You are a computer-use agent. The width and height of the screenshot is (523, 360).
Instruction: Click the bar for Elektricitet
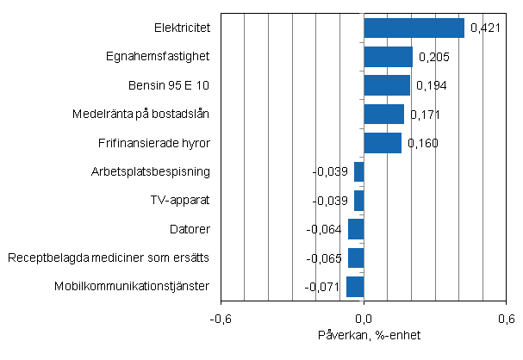pos(414,28)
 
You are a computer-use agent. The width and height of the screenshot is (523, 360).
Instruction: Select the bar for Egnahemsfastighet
pos(388,57)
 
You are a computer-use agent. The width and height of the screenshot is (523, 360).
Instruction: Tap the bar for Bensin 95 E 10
pos(387,85)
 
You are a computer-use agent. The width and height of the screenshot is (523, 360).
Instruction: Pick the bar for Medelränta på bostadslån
pos(383,114)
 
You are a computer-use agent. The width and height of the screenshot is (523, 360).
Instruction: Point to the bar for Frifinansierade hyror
pos(383,143)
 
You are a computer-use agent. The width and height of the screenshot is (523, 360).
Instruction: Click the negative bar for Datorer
pos(356,229)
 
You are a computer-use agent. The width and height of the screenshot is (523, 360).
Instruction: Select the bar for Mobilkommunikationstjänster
pos(355,286)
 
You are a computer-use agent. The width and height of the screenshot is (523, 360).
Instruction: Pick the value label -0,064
pos(326,230)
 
